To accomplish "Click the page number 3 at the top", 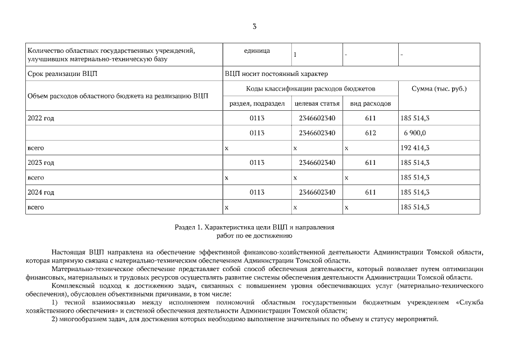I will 254,26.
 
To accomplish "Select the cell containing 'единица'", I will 257,51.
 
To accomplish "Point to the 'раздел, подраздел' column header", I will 257,103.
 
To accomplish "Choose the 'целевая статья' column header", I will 317,103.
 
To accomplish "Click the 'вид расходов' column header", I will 370,103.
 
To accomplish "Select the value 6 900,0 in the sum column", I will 415,133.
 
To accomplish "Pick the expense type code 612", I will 370,133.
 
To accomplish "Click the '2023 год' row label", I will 40,163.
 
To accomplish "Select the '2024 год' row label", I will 40,192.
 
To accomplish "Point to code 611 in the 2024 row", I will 370,192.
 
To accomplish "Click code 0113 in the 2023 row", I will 257,163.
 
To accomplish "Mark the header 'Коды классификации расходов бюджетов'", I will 310,89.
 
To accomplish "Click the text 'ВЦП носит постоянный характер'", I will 276,74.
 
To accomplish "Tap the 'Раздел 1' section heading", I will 254,228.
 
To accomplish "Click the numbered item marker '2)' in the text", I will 55,319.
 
